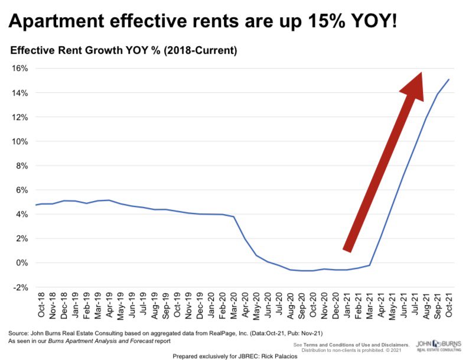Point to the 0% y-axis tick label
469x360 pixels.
21,262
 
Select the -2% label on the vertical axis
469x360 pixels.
20,287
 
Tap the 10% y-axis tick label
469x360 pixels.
19,141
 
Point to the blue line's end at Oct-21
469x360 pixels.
450,79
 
